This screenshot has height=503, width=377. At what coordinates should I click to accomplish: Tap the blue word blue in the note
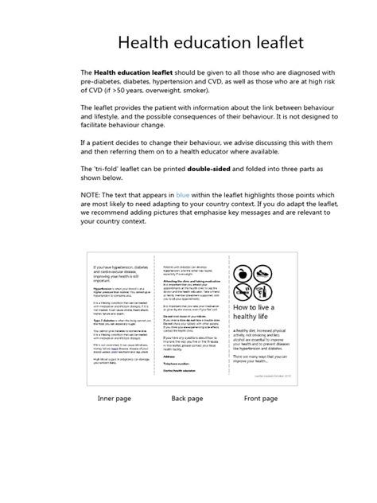tap(184, 193)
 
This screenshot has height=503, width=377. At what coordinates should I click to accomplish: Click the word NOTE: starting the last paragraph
tap(94, 193)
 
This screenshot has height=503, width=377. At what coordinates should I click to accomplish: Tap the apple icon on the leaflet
tap(243, 273)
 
